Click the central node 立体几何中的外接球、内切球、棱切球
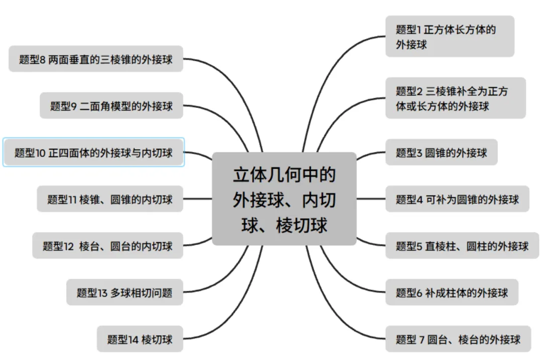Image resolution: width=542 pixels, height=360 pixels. [284, 199]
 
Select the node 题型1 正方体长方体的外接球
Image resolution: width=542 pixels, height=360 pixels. [450, 36]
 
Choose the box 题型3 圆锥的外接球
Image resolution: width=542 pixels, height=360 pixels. [441, 152]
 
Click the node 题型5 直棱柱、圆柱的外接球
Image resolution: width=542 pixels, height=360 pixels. [462, 246]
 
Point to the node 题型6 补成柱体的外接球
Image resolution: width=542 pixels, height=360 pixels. [451, 292]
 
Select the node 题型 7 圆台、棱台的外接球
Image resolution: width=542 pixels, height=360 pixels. [457, 339]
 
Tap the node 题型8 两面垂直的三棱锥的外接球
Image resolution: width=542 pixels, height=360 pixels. [96, 59]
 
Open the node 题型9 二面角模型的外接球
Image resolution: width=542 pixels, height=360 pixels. [111, 105]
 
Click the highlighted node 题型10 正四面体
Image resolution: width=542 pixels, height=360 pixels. [93, 152]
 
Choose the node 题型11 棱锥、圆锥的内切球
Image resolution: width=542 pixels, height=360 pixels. [110, 199]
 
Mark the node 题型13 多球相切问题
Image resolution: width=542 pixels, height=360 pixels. [124, 292]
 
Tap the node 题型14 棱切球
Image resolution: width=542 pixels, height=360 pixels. [140, 339]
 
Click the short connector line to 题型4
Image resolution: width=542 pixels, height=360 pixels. [371, 199]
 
